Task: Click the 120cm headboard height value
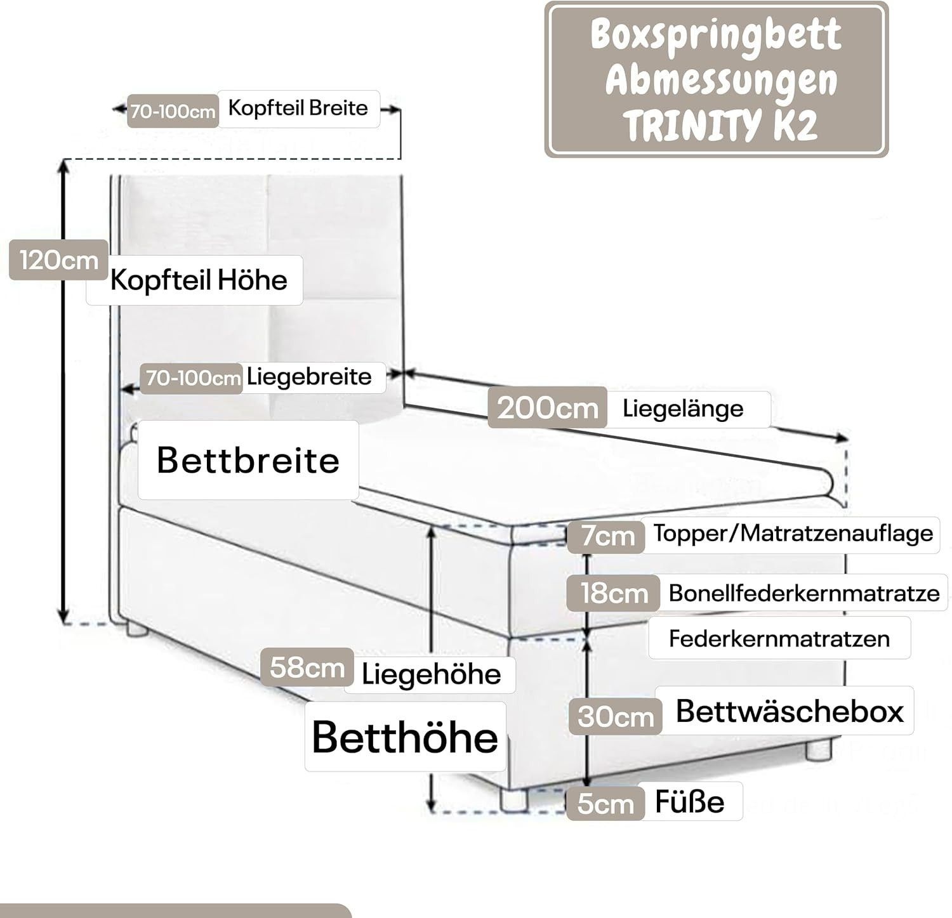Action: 58,260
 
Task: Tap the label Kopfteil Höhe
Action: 198,280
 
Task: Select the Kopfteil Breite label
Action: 298,108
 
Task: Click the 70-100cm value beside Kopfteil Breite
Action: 173,112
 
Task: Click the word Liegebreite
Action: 309,377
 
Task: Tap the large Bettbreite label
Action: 248,459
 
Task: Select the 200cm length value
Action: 547,407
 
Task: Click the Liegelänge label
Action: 683,408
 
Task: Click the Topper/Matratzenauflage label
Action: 793,534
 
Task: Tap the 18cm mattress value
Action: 614,593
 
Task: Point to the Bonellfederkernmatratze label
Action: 803,593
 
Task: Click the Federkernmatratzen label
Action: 779,638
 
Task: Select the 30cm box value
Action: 616,717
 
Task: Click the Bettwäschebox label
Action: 789,711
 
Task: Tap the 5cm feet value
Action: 605,804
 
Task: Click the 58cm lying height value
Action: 307,667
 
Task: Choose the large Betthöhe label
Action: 405,737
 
